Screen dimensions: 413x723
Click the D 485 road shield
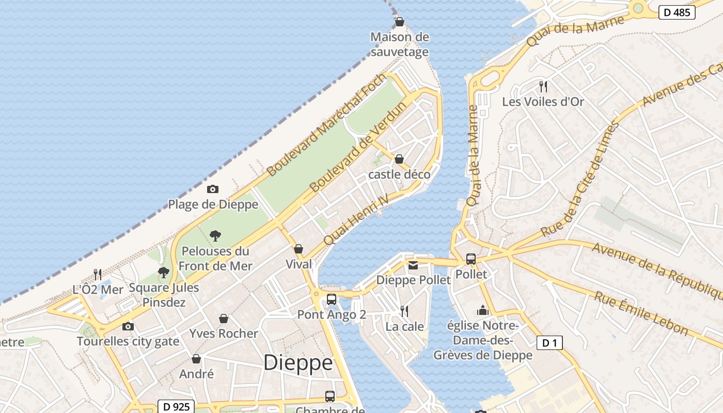[x=677, y=12]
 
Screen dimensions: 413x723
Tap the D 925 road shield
[x=176, y=407]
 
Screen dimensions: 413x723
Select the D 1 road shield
[x=549, y=343]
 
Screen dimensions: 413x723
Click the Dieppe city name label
[x=298, y=362]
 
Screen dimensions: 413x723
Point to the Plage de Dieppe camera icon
[x=212, y=189]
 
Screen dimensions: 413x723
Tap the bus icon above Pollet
[x=471, y=259]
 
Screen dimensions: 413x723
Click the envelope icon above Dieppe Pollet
[x=413, y=265]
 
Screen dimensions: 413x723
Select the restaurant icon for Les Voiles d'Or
[x=543, y=86]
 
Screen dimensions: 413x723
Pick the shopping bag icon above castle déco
[x=399, y=159]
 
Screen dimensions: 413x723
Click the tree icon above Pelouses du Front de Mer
[x=215, y=236]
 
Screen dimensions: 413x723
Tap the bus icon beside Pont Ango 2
[x=332, y=299]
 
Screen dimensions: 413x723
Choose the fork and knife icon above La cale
[x=404, y=311]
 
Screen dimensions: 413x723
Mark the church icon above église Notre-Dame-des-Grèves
[x=483, y=310]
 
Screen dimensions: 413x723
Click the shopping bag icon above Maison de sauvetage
[x=399, y=22]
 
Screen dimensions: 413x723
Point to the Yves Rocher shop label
[x=224, y=333]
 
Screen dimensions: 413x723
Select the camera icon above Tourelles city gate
[x=128, y=326]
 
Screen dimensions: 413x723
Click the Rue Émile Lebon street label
[x=641, y=313]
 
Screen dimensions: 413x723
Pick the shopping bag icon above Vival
[x=298, y=249]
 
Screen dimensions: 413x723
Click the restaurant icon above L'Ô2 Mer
[x=98, y=274]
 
